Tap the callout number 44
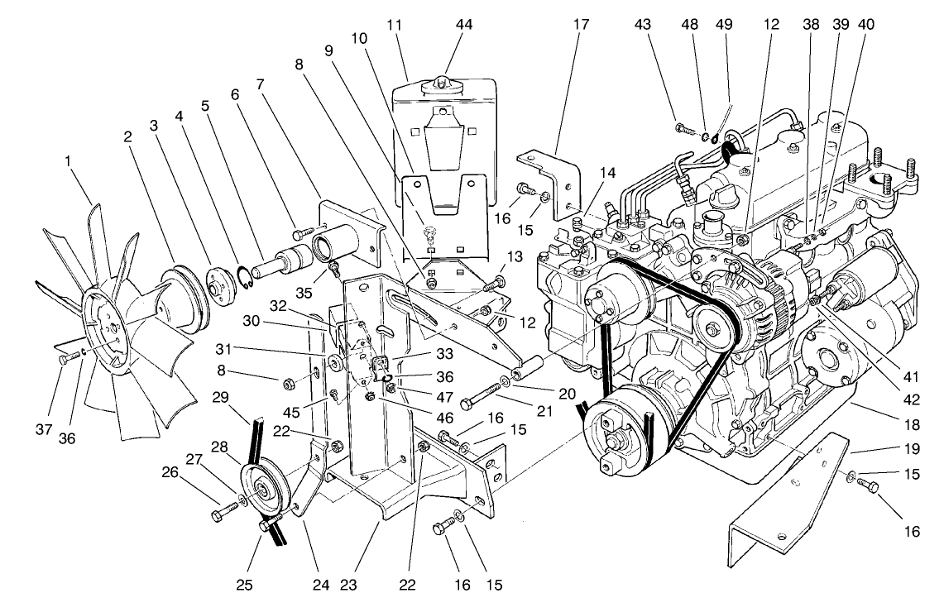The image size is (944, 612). coord(464,25)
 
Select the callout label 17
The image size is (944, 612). coord(581,25)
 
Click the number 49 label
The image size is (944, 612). coord(726,25)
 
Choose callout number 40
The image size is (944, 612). coord(865,25)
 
